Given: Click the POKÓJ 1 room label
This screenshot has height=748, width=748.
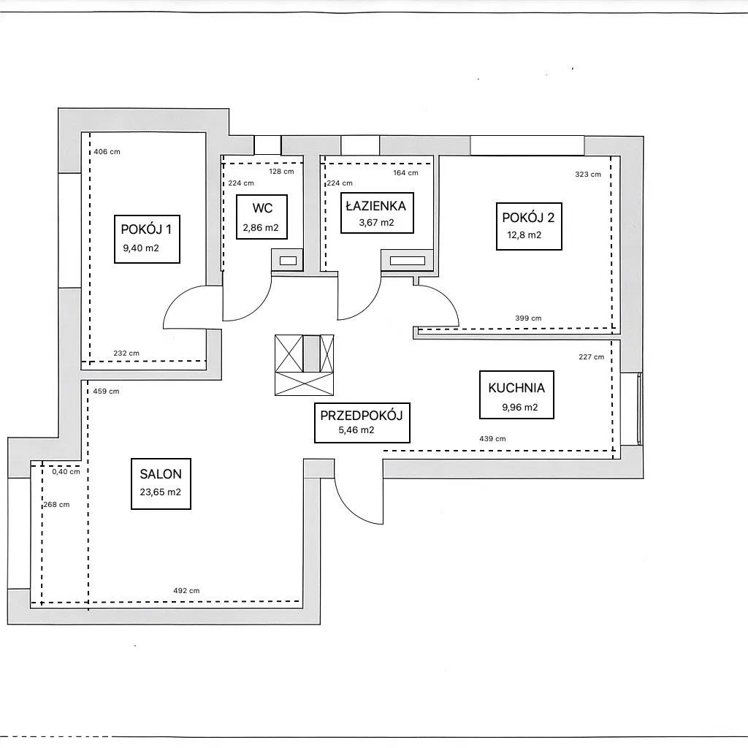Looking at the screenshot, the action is tap(147, 239).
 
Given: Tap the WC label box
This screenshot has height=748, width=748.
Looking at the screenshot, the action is tap(262, 216).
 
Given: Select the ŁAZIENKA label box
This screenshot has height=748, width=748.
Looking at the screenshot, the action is tap(377, 213).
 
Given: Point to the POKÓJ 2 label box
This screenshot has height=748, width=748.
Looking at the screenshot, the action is tap(529, 226).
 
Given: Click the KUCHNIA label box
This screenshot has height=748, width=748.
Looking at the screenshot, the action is tap(516, 395).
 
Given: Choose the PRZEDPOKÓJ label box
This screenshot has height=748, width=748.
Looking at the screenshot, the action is tap(362, 423).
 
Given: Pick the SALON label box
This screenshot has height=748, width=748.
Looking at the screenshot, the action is tap(161, 484).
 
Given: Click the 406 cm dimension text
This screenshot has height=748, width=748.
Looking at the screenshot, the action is tap(107, 152).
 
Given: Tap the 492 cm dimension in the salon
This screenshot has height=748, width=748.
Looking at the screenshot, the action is tap(186, 590).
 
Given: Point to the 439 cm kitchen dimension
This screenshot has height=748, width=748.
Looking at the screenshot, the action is tap(493, 438).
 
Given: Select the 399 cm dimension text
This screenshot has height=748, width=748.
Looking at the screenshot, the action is tap(529, 318).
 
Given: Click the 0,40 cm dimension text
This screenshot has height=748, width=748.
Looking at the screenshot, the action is tap(66, 472).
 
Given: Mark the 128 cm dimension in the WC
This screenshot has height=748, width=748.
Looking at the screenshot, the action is tap(281, 171).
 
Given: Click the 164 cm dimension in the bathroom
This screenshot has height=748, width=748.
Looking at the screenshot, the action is tap(406, 172).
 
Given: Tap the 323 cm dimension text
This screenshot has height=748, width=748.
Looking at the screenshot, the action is tap(588, 174).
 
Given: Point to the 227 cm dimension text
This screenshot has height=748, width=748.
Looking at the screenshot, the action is tap(592, 356).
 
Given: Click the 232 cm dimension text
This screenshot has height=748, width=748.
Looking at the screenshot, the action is tap(126, 353).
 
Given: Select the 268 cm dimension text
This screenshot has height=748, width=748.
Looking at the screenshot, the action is tap(57, 504).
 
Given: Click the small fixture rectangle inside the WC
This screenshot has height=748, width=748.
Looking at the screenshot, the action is tap(288, 261).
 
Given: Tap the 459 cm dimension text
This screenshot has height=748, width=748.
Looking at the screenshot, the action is tap(107, 392).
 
